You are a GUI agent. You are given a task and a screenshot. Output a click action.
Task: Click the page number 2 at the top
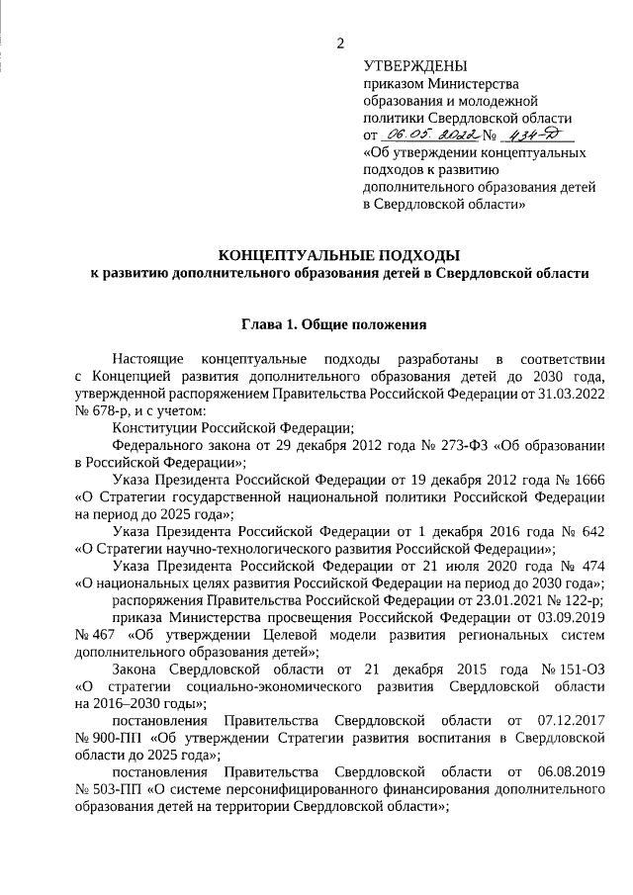point(341,43)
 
